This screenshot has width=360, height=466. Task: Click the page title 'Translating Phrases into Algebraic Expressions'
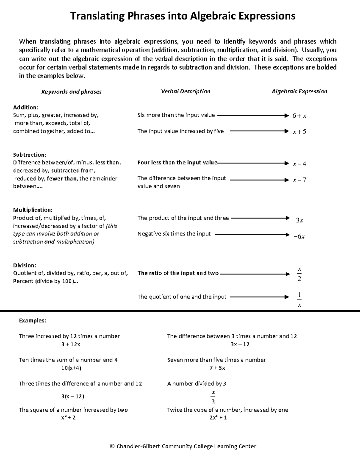pyautogui.click(x=183, y=16)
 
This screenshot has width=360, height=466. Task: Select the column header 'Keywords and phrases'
pyautogui.click(x=71, y=92)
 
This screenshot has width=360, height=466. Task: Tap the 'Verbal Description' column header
pyautogui.click(x=185, y=91)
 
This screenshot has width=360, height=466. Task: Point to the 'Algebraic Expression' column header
pyautogui.click(x=299, y=91)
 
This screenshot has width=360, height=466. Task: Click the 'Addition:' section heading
pyautogui.click(x=25, y=107)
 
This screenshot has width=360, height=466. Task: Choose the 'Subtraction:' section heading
pyautogui.click(x=29, y=155)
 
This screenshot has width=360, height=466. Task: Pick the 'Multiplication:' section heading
pyautogui.click(x=33, y=210)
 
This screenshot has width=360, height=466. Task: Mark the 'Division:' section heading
pyautogui.click(x=25, y=265)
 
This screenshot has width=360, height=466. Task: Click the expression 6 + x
pyautogui.click(x=299, y=116)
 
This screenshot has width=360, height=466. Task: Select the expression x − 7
pyautogui.click(x=299, y=180)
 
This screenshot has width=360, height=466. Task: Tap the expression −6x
pyautogui.click(x=299, y=236)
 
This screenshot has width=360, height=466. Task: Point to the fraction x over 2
pyautogui.click(x=299, y=274)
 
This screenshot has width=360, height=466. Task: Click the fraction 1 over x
pyautogui.click(x=299, y=300)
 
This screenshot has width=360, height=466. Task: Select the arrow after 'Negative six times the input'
pyautogui.click(x=252, y=235)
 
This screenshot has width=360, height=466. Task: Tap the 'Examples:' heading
pyautogui.click(x=32, y=320)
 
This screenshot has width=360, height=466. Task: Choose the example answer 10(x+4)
pyautogui.click(x=71, y=368)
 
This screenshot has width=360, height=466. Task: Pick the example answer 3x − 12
pyautogui.click(x=240, y=344)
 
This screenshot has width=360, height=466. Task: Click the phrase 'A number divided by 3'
pyautogui.click(x=196, y=383)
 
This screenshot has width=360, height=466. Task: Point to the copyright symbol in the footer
pyautogui.click(x=112, y=446)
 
